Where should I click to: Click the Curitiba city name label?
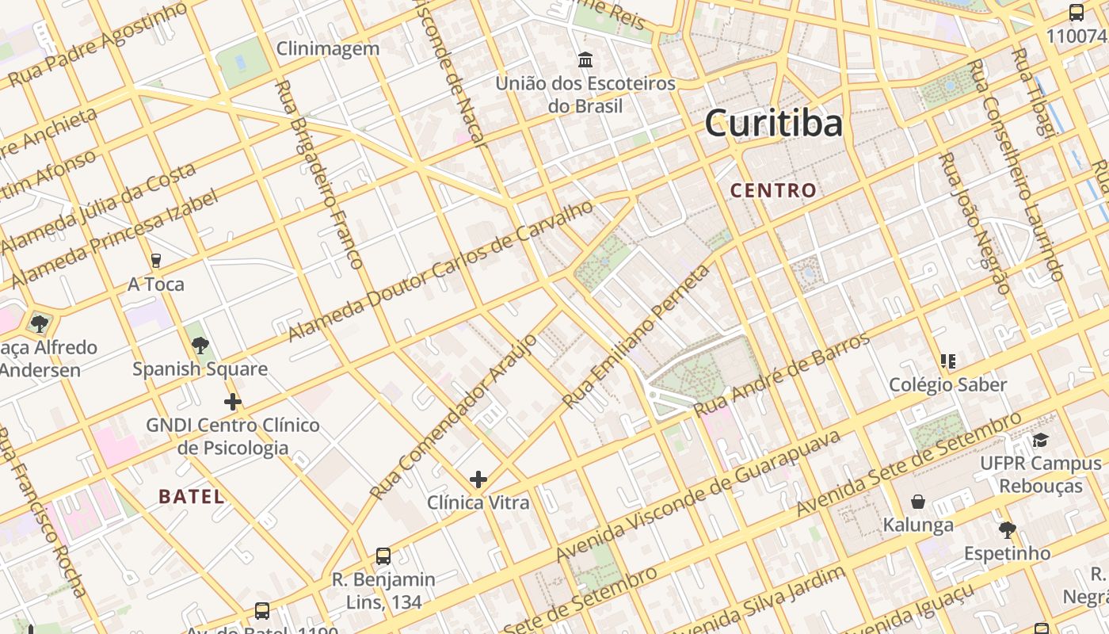tap(773, 124)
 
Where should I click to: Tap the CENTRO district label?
tap(773, 190)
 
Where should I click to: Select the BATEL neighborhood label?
tap(192, 497)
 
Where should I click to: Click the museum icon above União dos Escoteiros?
tap(585, 59)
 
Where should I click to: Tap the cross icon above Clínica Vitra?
tap(478, 479)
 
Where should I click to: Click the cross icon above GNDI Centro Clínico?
tap(232, 402)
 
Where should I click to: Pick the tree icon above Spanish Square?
tap(200, 346)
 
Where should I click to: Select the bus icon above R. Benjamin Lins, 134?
tap(383, 556)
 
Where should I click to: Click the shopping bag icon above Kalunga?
tap(918, 502)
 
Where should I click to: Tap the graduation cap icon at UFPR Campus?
tap(1040, 440)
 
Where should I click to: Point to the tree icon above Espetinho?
tap(1007, 529)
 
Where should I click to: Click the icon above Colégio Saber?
tap(947, 361)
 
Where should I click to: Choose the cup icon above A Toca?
tap(156, 260)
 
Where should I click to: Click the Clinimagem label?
tap(328, 48)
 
